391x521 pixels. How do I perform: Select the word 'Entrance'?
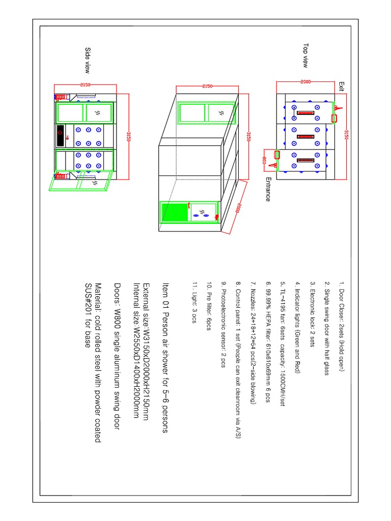click(268, 189)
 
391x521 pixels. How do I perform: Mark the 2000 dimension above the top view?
click(305, 81)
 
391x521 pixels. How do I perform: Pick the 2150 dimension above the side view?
click(85, 85)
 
